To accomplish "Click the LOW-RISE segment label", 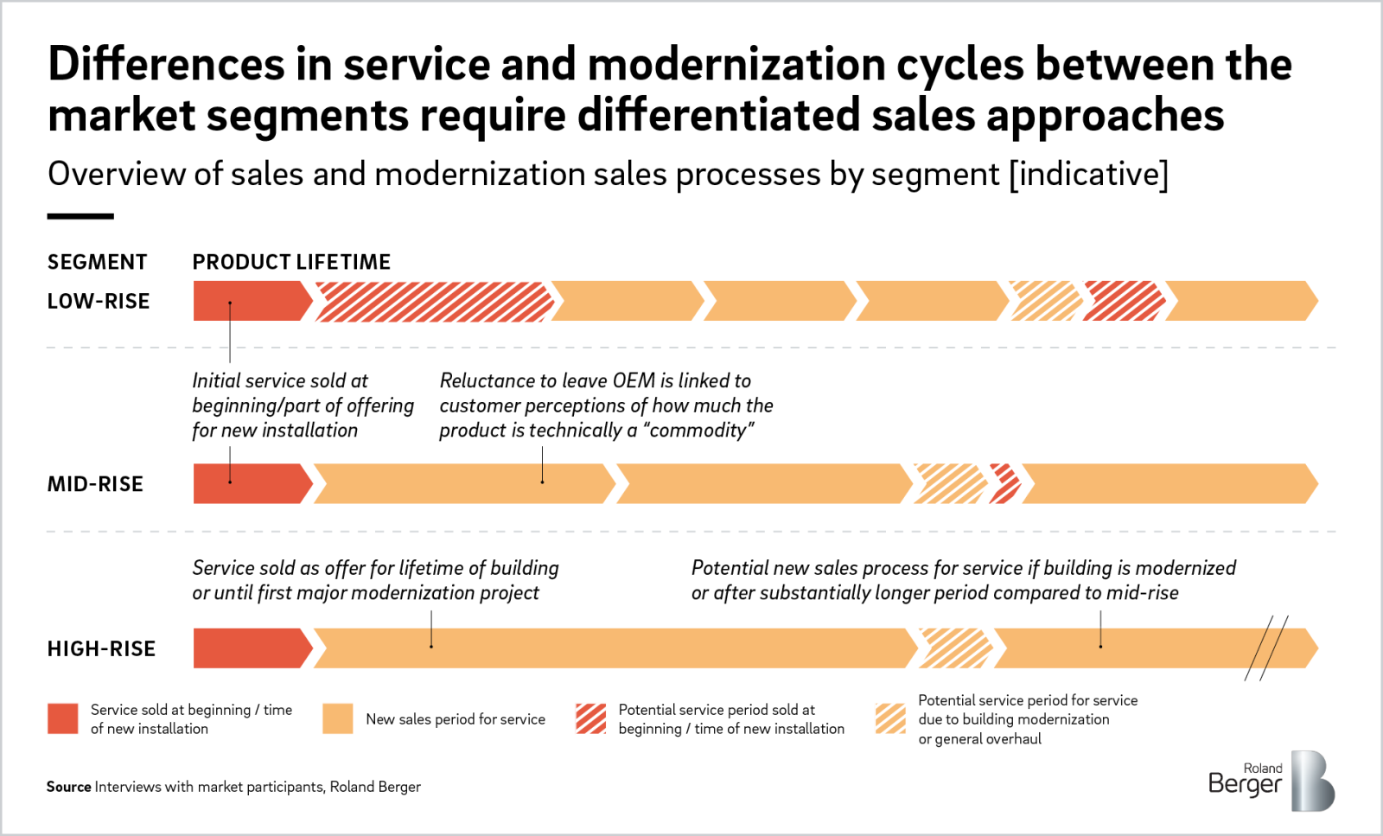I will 99,301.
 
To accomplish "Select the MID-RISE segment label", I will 95,484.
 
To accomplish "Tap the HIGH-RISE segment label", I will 101,648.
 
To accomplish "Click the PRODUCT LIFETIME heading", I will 291,262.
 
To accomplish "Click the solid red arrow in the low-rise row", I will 248,301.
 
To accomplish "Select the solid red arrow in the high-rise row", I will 248,648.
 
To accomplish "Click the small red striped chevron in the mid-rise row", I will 1005,484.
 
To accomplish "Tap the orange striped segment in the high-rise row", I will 955,648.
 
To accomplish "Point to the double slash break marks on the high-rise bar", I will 1266,648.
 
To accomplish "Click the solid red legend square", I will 63,718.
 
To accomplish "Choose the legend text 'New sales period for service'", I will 456,719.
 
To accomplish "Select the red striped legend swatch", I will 591,718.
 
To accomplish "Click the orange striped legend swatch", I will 890,718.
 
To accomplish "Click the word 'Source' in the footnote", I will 68,787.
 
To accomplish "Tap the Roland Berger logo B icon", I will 1312,781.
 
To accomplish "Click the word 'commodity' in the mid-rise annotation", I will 698,431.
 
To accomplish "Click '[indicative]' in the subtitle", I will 1088,175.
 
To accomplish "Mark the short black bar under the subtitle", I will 80,216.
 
